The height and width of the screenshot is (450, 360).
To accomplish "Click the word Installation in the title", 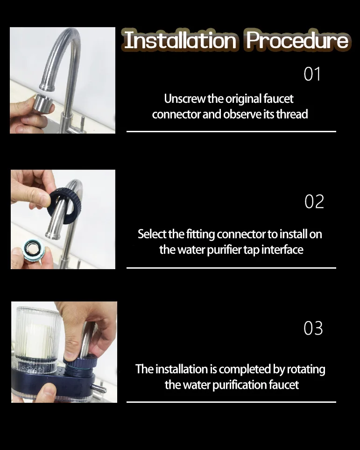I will (180, 41).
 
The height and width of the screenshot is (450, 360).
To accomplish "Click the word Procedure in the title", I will (297, 41).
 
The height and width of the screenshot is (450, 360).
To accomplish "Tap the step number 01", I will (312, 74).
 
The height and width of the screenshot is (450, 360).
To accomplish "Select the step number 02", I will (314, 201).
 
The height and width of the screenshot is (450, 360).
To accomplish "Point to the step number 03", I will (313, 328).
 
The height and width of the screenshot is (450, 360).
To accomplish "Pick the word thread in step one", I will (292, 114).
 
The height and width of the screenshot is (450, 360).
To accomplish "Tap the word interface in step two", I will (282, 250).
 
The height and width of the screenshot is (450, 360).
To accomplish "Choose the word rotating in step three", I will (306, 369).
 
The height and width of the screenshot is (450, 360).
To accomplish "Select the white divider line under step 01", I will (231, 132).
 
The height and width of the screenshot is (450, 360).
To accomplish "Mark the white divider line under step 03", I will (231, 402).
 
